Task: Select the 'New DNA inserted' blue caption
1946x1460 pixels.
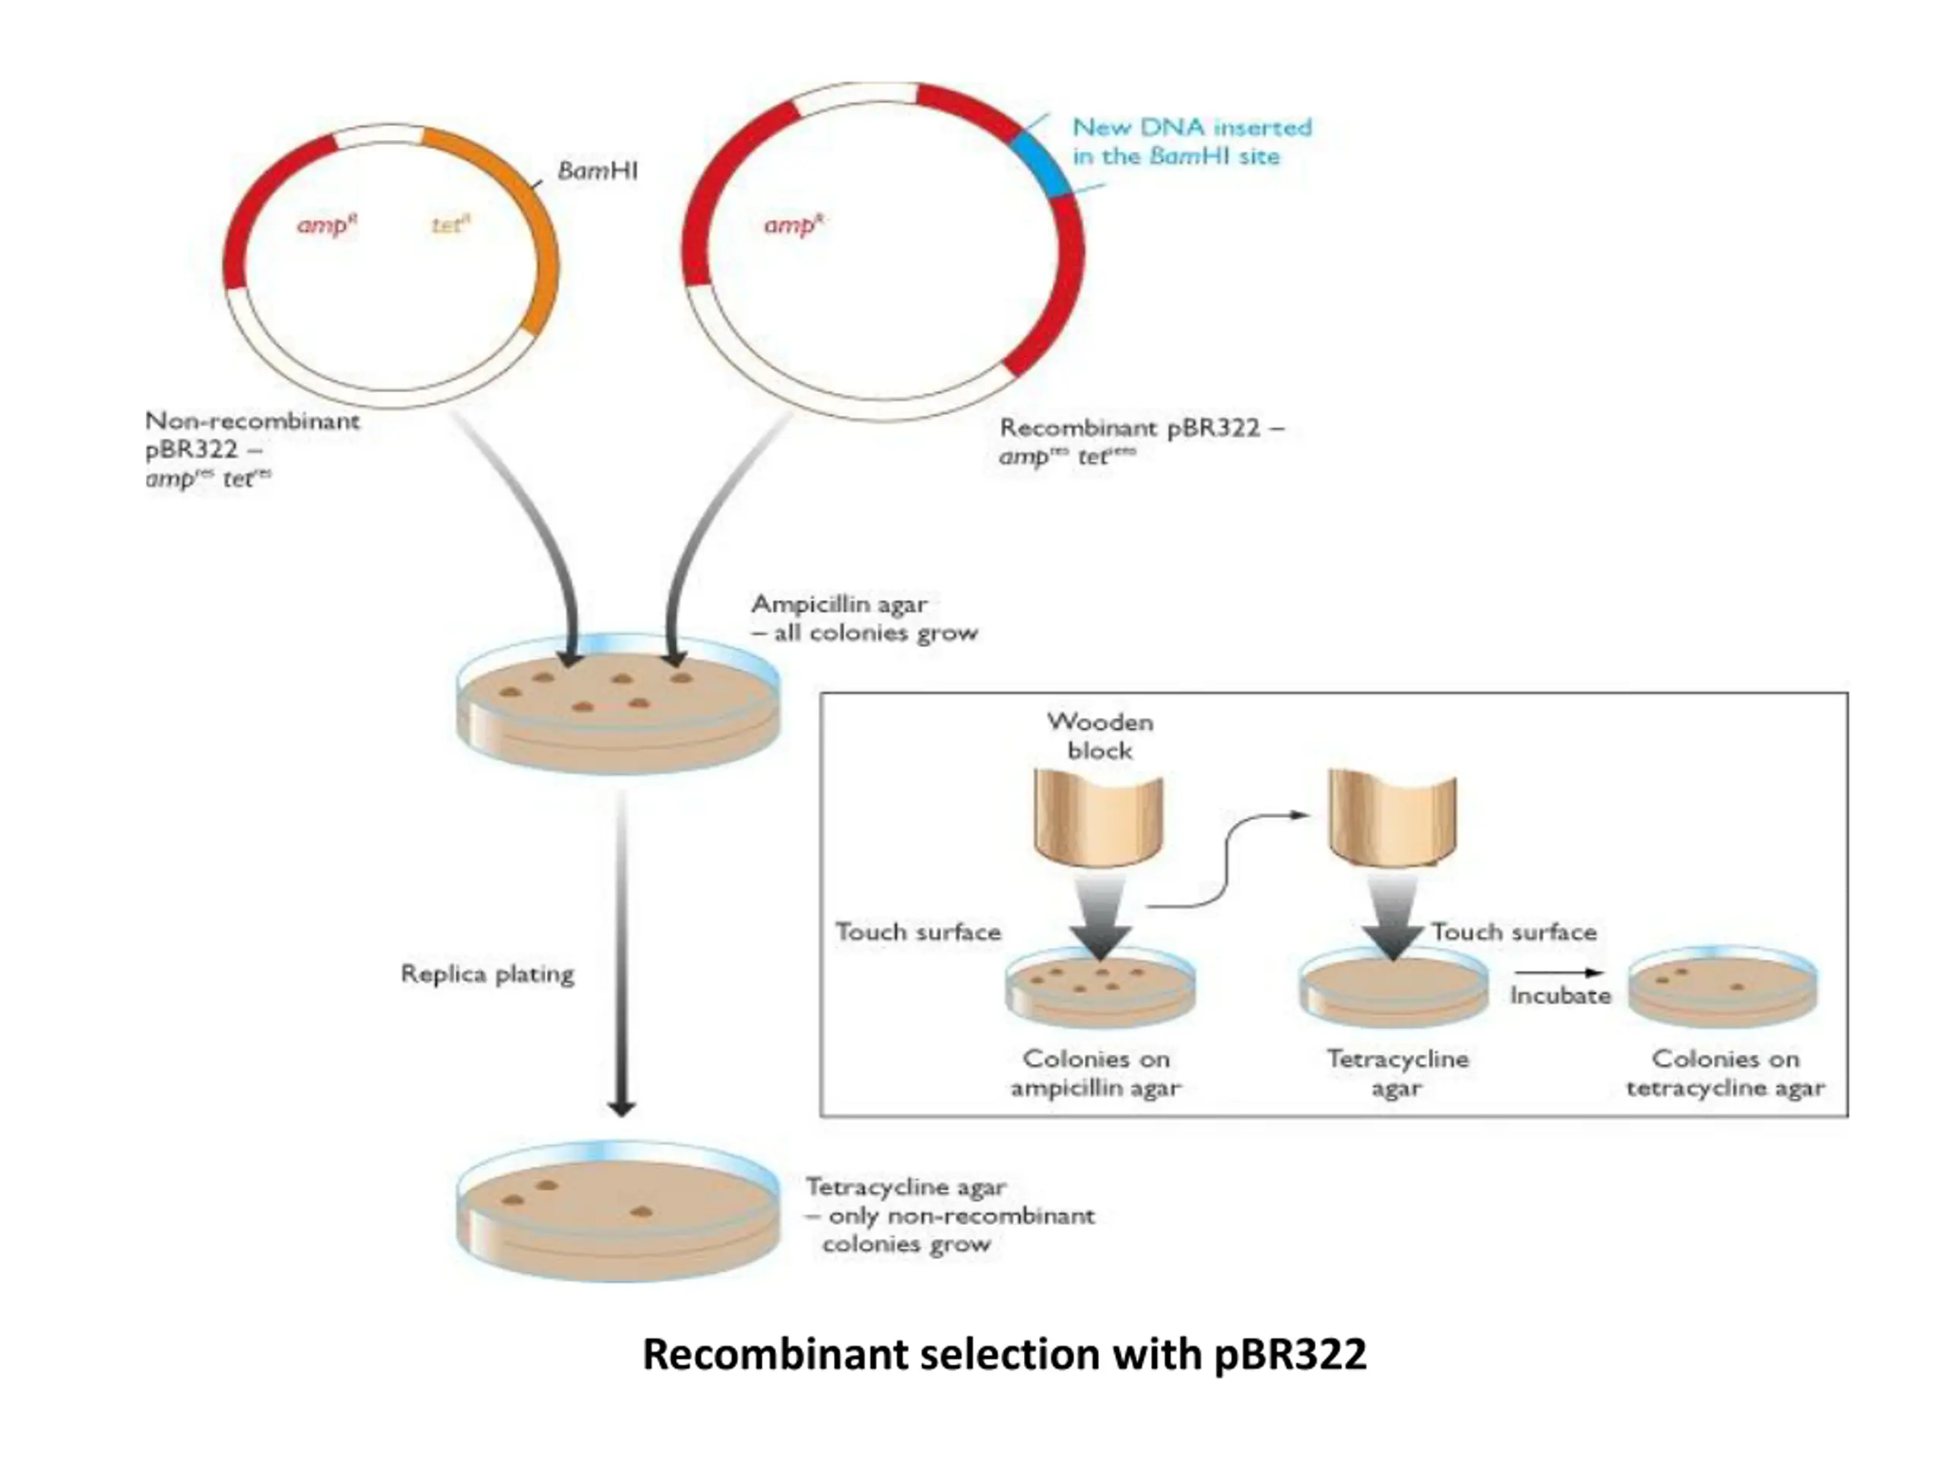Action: (1191, 129)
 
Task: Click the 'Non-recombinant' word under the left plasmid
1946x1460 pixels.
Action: (252, 421)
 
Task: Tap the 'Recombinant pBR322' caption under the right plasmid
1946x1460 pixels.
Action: (1130, 429)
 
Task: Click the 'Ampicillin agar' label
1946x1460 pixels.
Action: (838, 605)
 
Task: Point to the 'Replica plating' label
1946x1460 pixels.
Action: (487, 974)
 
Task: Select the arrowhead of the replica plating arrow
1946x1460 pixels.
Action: (622, 1109)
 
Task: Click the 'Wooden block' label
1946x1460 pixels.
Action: (1100, 737)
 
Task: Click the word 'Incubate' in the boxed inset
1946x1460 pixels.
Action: (1561, 995)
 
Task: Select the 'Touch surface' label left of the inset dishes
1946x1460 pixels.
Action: (918, 932)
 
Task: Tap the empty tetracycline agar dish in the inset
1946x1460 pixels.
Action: (1393, 989)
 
